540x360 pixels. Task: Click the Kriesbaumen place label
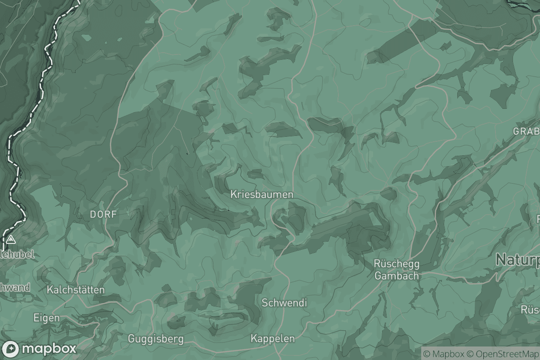pyautogui.click(x=261, y=194)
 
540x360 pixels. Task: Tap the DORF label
pyautogui.click(x=103, y=215)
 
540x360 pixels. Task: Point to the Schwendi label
pyautogui.click(x=284, y=303)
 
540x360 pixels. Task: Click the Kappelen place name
pyautogui.click(x=273, y=338)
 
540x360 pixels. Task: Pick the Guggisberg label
pyautogui.click(x=156, y=338)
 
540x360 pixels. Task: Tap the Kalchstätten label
pyautogui.click(x=76, y=290)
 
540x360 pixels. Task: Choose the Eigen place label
pyautogui.click(x=46, y=318)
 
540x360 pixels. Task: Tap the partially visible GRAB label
pyautogui.click(x=526, y=132)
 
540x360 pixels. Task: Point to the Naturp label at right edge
pyautogui.click(x=517, y=260)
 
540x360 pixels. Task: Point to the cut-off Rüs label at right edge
pyautogui.click(x=530, y=310)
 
